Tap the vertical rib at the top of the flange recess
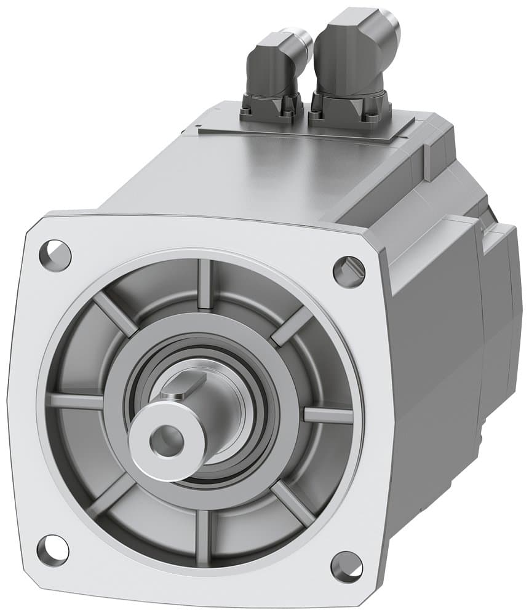[205, 284]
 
